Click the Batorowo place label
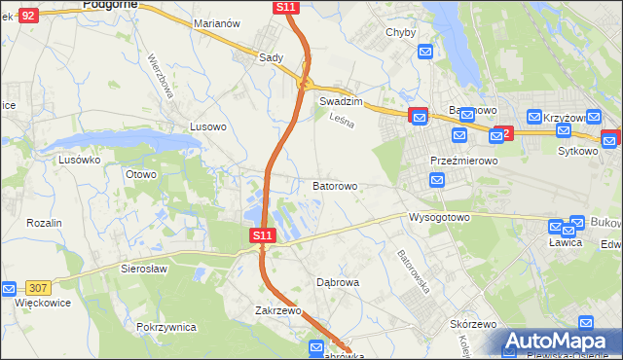click(x=335, y=185)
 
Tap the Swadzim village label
click(x=341, y=101)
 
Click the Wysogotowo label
click(x=439, y=217)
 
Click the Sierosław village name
click(x=144, y=268)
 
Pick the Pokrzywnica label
click(x=167, y=327)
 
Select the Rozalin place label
click(x=45, y=223)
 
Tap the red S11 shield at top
click(x=286, y=7)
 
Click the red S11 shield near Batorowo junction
click(x=263, y=235)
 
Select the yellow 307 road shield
click(x=40, y=286)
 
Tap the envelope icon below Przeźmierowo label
click(x=437, y=180)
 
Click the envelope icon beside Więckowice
click(x=8, y=288)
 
